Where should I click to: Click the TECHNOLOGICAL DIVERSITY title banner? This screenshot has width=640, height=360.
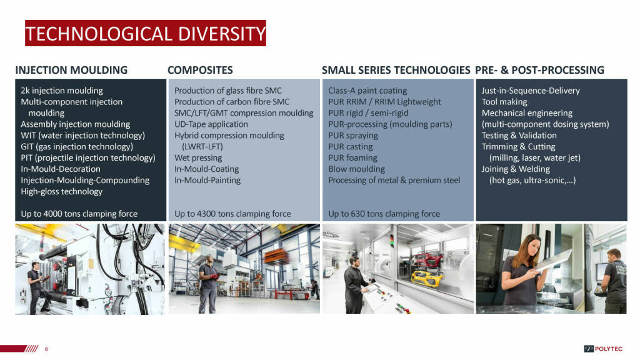pyautogui.click(x=145, y=33)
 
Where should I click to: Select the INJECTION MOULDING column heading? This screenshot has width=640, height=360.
pyautogui.click(x=71, y=70)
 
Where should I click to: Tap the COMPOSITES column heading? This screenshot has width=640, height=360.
pyautogui.click(x=200, y=70)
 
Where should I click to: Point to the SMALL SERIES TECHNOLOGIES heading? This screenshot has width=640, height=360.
pyautogui.click(x=396, y=70)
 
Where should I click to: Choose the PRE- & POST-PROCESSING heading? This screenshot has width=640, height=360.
pyautogui.click(x=539, y=70)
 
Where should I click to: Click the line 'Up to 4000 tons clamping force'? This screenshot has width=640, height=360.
pyautogui.click(x=79, y=214)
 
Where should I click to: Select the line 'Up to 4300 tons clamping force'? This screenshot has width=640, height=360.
pyautogui.click(x=232, y=214)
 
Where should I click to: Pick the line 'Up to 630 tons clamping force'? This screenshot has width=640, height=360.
pyautogui.click(x=384, y=214)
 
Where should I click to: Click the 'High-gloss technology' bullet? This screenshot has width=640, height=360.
pyautogui.click(x=62, y=191)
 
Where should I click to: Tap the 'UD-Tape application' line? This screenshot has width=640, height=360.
pyautogui.click(x=211, y=124)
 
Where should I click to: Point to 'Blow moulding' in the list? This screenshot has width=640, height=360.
pyautogui.click(x=356, y=169)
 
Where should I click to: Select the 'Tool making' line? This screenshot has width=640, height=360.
pyautogui.click(x=504, y=102)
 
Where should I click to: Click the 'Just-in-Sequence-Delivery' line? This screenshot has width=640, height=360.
pyautogui.click(x=531, y=91)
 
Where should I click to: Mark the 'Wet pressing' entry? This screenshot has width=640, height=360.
pyautogui.click(x=198, y=158)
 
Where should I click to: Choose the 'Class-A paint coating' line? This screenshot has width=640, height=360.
pyautogui.click(x=367, y=91)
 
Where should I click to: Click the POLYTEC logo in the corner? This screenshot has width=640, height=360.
pyautogui.click(x=603, y=349)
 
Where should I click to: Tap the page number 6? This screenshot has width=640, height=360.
pyautogui.click(x=46, y=349)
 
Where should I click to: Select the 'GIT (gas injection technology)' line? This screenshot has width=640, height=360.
pyautogui.click(x=77, y=146)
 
